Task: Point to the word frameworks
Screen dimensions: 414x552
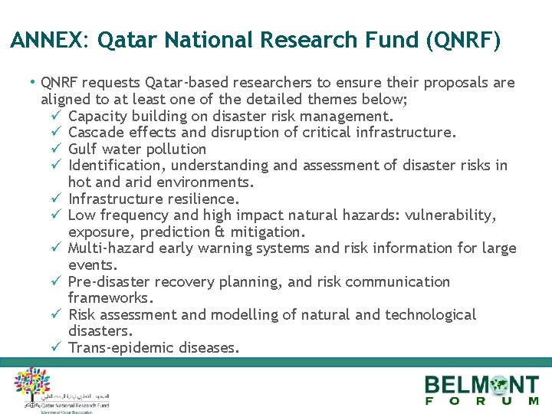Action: (x=110, y=297)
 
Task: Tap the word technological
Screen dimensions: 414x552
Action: (x=430, y=315)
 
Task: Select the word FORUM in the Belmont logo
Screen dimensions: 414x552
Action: (x=482, y=401)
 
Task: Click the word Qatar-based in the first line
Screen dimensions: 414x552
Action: (x=160, y=83)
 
